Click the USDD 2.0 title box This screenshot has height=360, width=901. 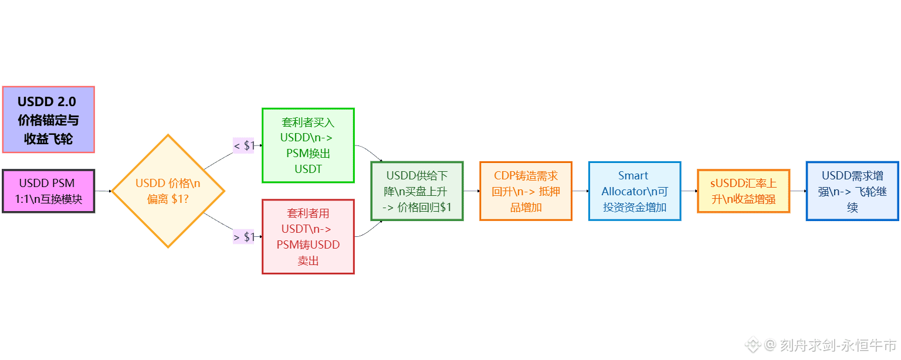(48, 120)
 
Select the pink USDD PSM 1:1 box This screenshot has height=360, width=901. (48, 191)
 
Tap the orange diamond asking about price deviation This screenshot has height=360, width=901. (168, 191)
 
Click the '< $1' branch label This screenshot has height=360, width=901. (244, 145)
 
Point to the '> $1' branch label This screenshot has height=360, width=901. (244, 237)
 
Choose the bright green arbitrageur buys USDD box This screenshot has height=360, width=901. (308, 145)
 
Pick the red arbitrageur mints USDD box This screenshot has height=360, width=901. (308, 237)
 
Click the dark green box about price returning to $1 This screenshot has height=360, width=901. (417, 191)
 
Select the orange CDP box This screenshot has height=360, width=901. (526, 191)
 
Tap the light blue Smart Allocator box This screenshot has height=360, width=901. (635, 191)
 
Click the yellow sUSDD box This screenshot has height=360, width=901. (743, 191)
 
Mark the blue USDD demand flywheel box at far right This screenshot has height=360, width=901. (852, 191)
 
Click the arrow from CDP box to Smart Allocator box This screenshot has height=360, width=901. (580, 191)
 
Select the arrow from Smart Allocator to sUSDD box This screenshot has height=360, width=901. (689, 191)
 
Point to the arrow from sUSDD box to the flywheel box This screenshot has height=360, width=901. (798, 191)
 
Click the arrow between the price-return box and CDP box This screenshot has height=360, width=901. (472, 191)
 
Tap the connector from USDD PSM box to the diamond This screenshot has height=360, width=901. (103, 191)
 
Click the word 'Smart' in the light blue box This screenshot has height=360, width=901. (633, 175)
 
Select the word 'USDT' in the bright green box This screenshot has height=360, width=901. (308, 169)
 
